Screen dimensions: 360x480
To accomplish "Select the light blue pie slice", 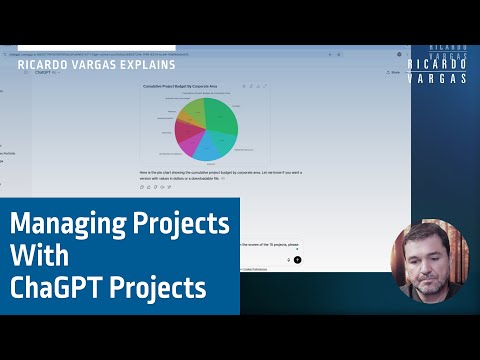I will pos(207,148).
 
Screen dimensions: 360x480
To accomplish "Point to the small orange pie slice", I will pos(184,118).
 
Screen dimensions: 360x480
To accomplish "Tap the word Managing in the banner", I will pos(68,222).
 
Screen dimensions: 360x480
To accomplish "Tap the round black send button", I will pos(297,259).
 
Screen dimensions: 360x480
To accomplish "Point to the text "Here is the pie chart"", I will pos(160,173).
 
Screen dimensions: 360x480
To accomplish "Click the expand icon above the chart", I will pos(264,87).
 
